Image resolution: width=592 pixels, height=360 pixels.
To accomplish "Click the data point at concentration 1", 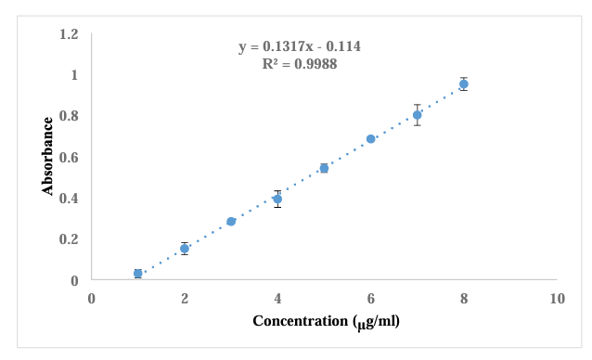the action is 138,273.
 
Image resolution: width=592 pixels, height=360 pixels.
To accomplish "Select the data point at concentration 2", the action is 185,249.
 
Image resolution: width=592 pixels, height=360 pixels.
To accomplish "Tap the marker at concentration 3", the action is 231,221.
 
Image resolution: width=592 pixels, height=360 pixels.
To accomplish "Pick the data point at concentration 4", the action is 277,199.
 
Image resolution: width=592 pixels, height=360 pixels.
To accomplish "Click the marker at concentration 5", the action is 324,168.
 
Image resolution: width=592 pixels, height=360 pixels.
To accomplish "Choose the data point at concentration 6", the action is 371,139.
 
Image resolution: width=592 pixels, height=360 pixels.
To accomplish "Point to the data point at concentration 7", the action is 418,115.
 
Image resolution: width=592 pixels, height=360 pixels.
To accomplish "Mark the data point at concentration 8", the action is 464,84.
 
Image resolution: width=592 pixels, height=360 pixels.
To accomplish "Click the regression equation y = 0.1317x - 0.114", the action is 300,46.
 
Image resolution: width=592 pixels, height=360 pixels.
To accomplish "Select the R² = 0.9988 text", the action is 300,64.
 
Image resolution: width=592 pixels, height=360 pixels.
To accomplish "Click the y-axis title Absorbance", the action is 47,156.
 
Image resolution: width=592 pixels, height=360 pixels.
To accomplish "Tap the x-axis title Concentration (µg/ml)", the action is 327,322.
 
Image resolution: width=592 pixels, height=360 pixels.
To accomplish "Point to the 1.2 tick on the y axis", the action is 69,34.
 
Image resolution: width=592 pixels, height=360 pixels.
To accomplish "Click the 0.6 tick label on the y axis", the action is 69,157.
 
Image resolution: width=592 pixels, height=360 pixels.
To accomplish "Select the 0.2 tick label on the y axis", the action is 69,238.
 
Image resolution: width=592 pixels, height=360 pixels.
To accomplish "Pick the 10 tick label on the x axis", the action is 558,299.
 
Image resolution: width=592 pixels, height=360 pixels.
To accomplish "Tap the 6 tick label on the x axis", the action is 371,299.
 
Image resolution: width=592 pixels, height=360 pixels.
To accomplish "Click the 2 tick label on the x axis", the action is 185,299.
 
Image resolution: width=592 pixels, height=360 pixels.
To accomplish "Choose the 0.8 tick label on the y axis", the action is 69,116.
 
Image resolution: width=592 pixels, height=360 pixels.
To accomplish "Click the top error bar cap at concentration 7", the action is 418,105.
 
